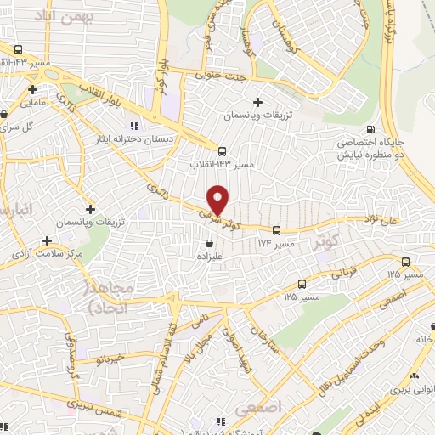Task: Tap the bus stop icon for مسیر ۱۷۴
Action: (276, 230)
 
